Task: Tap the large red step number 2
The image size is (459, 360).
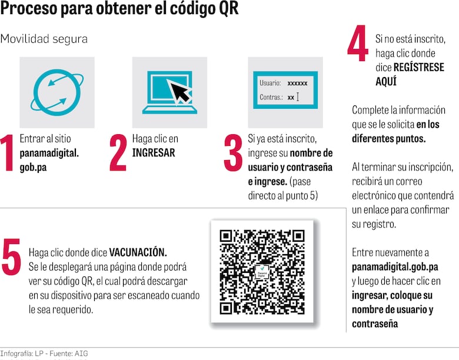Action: pos(118,153)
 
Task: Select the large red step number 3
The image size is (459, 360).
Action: pos(233,153)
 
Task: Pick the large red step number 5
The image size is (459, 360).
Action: pos(11,256)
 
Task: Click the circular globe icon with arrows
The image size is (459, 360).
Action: pos(57,92)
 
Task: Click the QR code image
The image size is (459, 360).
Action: pos(262,272)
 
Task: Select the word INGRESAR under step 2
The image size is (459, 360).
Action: pos(154,153)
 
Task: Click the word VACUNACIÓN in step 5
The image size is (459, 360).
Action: pos(138,252)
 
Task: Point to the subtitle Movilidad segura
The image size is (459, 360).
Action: pos(44,39)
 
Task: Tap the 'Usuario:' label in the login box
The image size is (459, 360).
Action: pos(270,84)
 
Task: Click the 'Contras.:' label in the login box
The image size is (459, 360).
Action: pos(271,97)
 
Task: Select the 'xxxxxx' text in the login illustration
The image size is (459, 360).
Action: pos(297,84)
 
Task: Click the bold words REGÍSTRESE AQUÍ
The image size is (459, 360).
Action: pos(410,74)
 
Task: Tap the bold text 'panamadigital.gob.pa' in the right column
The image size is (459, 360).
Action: pos(395,266)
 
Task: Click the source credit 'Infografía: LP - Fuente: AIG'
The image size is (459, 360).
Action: pos(44,354)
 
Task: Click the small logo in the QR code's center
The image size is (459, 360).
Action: pos(262,272)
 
